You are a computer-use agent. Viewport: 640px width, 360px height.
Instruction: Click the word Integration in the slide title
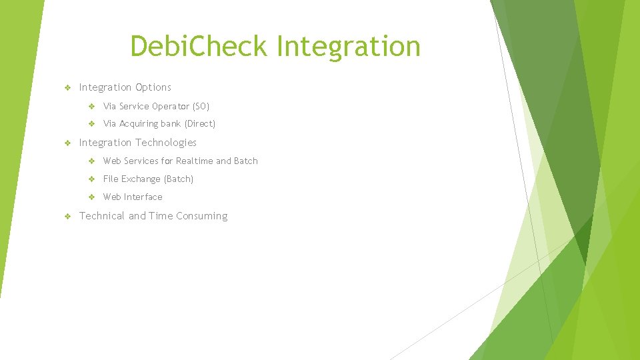[348, 47]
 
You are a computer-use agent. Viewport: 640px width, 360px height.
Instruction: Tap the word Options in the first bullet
[153, 87]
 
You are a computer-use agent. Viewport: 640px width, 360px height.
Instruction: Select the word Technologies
[166, 143]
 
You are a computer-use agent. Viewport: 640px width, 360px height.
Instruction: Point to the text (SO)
[201, 106]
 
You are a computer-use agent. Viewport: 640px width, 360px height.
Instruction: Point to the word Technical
[102, 216]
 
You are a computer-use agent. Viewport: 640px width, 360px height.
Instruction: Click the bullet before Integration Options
[67, 88]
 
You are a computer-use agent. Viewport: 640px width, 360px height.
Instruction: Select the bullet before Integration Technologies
[67, 143]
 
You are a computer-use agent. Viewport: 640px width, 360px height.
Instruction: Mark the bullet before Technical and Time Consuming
[67, 217]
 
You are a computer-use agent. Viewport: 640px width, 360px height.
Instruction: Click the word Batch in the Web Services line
[245, 161]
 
